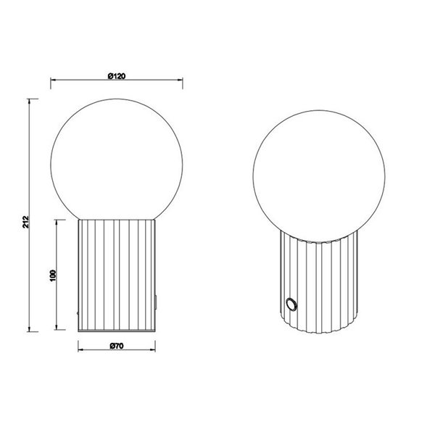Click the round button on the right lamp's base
291,304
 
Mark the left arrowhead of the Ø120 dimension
53,80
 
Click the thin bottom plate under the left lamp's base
116,331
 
